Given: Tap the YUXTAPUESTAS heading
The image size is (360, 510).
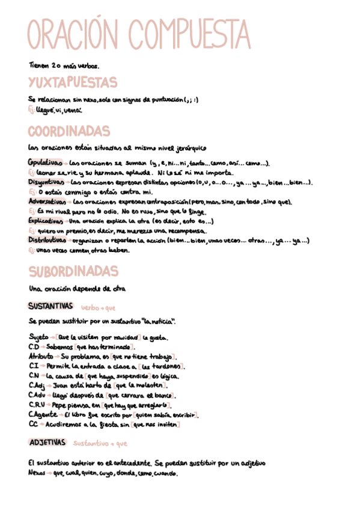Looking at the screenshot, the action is click(72, 82).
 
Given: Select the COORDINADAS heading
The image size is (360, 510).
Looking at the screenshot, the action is click(69, 131).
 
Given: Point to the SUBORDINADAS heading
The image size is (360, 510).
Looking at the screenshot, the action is click(73, 271).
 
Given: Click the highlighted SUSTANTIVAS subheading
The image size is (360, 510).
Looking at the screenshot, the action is click(50, 307).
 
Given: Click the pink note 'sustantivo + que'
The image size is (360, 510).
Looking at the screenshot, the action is click(100, 444).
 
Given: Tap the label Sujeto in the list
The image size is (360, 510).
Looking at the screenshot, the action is click(38, 337).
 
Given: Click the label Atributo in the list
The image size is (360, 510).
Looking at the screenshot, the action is click(40, 357).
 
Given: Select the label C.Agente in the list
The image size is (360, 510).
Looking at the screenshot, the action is click(42, 415).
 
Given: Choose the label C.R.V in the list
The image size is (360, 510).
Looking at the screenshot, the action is click(37, 405).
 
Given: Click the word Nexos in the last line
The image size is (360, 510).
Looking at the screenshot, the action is click(37, 473).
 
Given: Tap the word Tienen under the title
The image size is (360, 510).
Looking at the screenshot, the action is click(38, 65).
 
